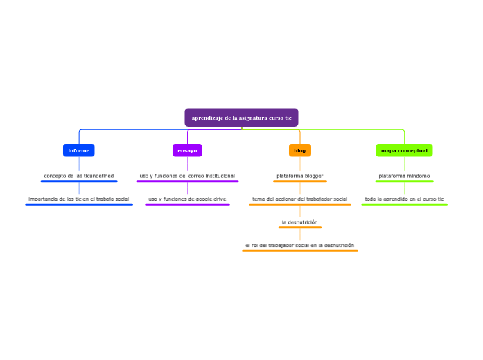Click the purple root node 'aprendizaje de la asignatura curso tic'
click(241, 118)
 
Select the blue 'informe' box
click(79, 150)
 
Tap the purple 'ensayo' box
click(187, 150)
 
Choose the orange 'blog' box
click(300, 150)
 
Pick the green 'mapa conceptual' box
click(404, 150)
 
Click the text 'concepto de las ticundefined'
click(79, 176)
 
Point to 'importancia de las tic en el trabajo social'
click(79, 199)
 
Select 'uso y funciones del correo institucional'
click(187, 176)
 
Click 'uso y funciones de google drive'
click(187, 199)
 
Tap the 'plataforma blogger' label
click(300, 176)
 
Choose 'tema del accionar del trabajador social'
click(300, 199)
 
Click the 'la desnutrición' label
click(300, 222)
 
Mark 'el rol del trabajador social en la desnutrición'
click(300, 245)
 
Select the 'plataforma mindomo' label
click(404, 176)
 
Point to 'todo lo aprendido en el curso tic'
click(404, 199)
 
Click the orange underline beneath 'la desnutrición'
click(300, 228)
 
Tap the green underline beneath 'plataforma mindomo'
click(404, 181)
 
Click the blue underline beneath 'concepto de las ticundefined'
click(79, 181)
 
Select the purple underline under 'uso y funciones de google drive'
click(187, 204)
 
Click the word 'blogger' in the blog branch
click(311, 176)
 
